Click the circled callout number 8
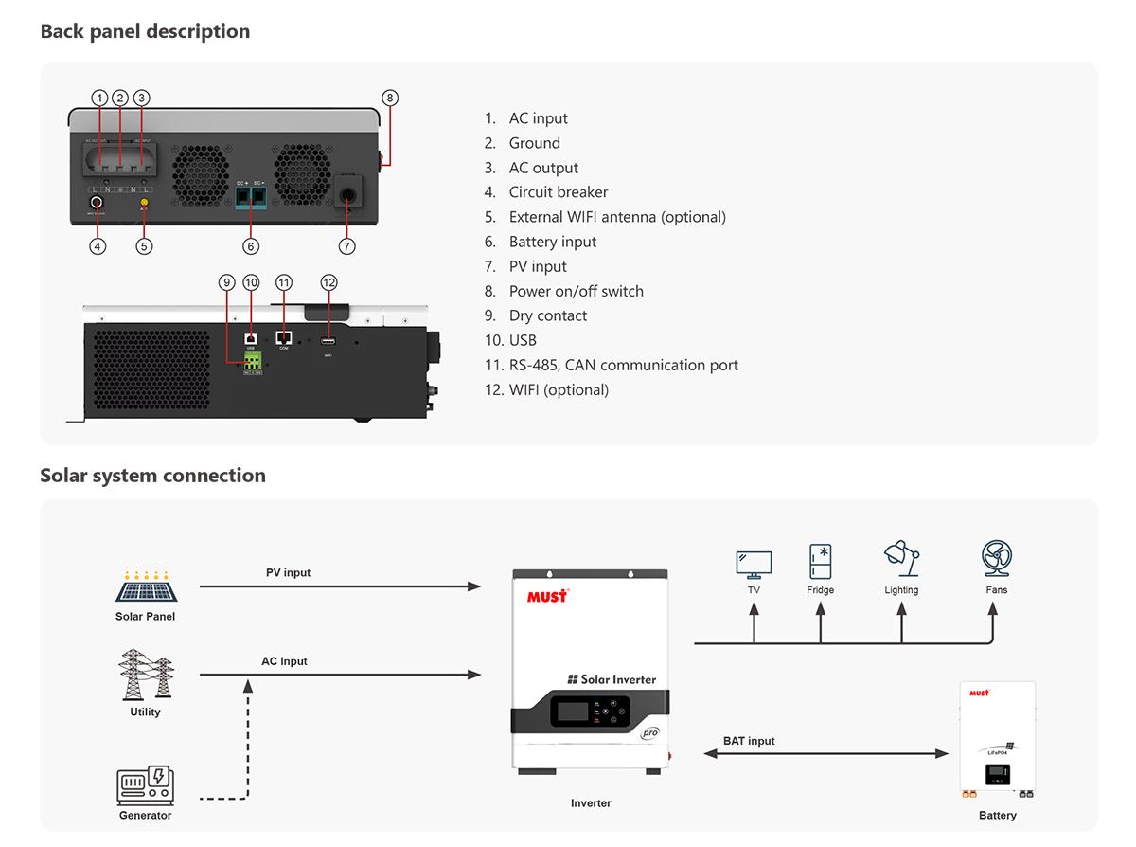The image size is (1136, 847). click(390, 98)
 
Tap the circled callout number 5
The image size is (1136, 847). click(144, 246)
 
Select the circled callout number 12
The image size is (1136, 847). click(328, 282)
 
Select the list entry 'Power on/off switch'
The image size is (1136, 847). click(576, 291)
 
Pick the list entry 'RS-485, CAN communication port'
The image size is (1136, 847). click(623, 365)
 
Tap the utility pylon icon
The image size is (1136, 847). click(145, 675)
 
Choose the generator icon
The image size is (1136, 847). click(145, 785)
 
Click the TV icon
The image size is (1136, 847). click(754, 565)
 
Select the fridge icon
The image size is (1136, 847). click(820, 561)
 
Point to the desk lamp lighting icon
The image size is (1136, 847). click(901, 559)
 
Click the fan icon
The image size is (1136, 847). click(996, 559)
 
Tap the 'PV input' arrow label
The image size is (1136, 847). click(288, 573)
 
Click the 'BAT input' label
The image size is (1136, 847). click(748, 741)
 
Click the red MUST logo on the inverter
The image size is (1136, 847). click(547, 596)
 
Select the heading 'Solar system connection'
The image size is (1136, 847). click(152, 476)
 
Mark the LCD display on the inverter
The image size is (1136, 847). click(572, 715)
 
